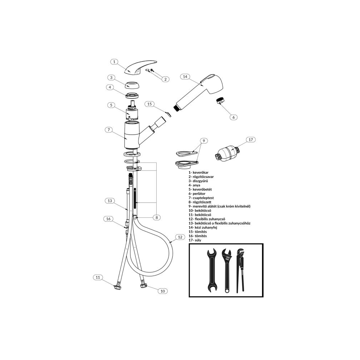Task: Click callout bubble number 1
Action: pos(114,62)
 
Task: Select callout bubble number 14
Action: pos(185,77)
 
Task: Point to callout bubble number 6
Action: pos(234,117)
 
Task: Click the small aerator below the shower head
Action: pos(220,100)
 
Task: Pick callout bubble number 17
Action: pos(251,140)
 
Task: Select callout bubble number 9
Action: pos(204,141)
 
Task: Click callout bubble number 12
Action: pos(180,237)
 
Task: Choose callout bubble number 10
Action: pos(163,291)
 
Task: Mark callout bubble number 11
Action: pos(98,277)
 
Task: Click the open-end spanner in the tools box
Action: pos(212,271)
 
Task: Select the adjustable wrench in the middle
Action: pos(227,271)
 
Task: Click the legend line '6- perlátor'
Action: pos(197,194)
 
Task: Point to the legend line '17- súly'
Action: pos(195,240)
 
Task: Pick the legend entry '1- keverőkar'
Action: pos(199,172)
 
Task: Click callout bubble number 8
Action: pos(157,217)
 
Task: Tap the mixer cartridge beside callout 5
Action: pos(132,111)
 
